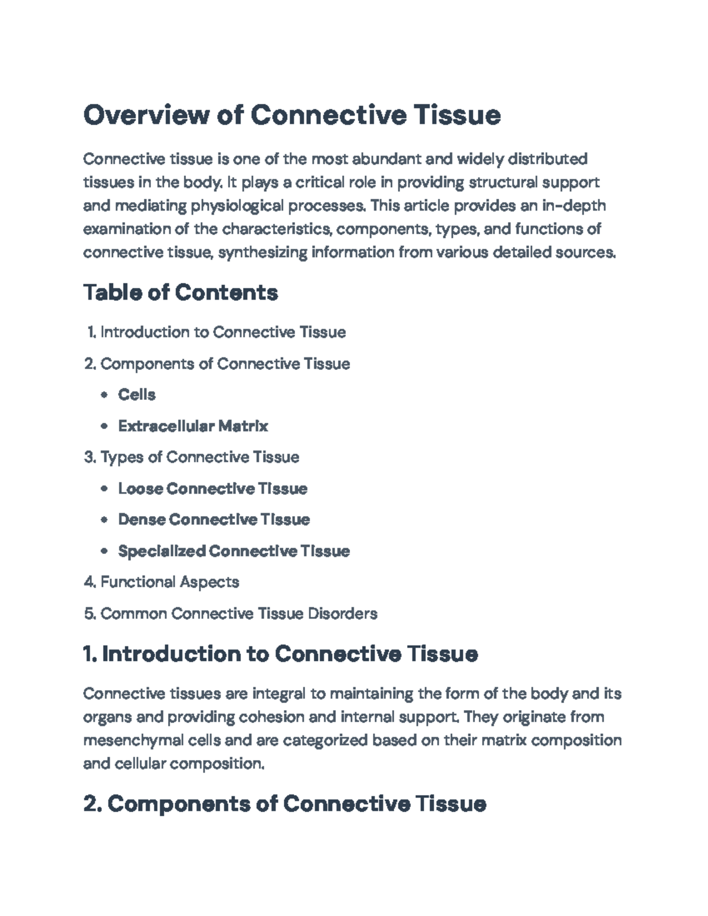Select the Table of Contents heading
181,292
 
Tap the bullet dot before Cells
104,395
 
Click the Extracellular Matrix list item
193,426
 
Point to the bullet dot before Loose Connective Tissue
104,489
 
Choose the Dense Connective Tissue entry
214,520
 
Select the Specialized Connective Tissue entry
234,551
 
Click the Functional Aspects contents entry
169,582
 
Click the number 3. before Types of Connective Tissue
90,457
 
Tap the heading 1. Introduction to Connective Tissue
280,654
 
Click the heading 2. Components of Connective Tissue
284,803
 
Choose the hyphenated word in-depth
573,206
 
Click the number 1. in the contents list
91,333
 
